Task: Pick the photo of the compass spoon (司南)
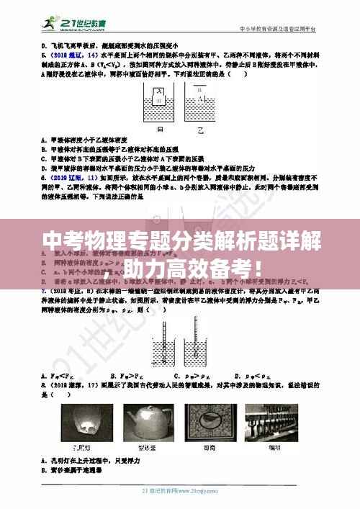pos(212,423)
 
